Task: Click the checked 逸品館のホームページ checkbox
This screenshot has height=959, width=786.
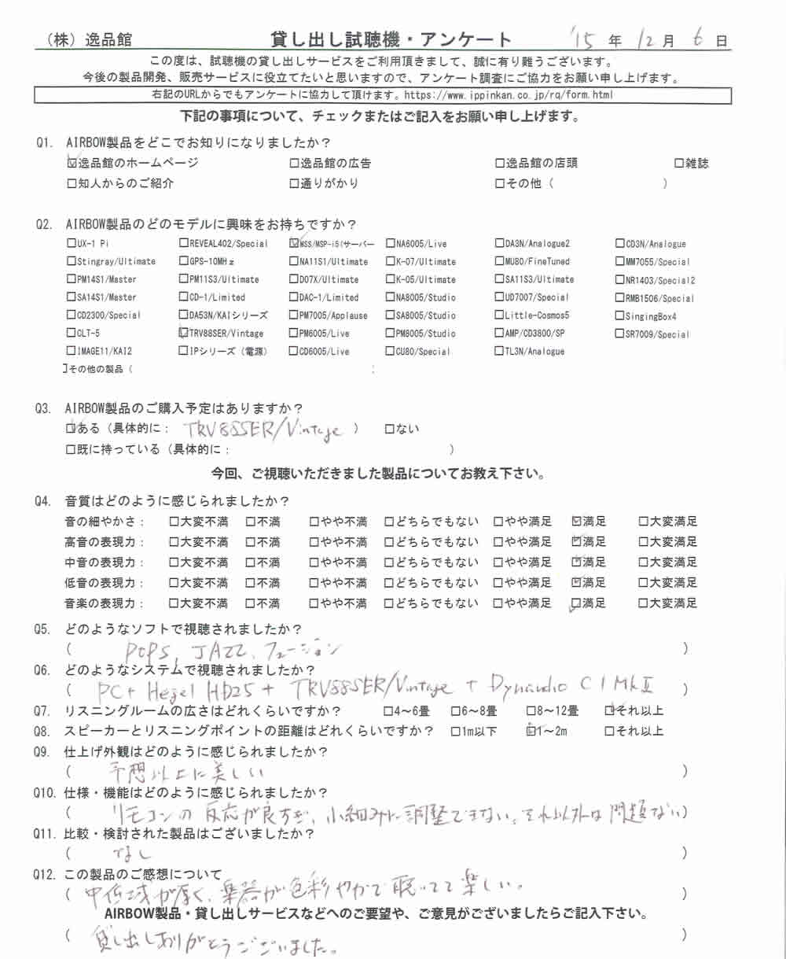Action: point(72,164)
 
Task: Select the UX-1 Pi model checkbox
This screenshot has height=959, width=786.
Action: point(72,244)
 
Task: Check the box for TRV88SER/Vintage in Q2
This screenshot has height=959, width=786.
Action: point(183,333)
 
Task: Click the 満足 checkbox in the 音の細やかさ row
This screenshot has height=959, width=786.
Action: point(578,522)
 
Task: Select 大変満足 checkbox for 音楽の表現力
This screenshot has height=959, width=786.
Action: point(643,603)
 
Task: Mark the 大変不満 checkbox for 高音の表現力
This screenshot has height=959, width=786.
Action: point(174,542)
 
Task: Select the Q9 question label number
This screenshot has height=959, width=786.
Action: point(43,751)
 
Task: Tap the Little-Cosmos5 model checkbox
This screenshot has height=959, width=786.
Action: point(499,315)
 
